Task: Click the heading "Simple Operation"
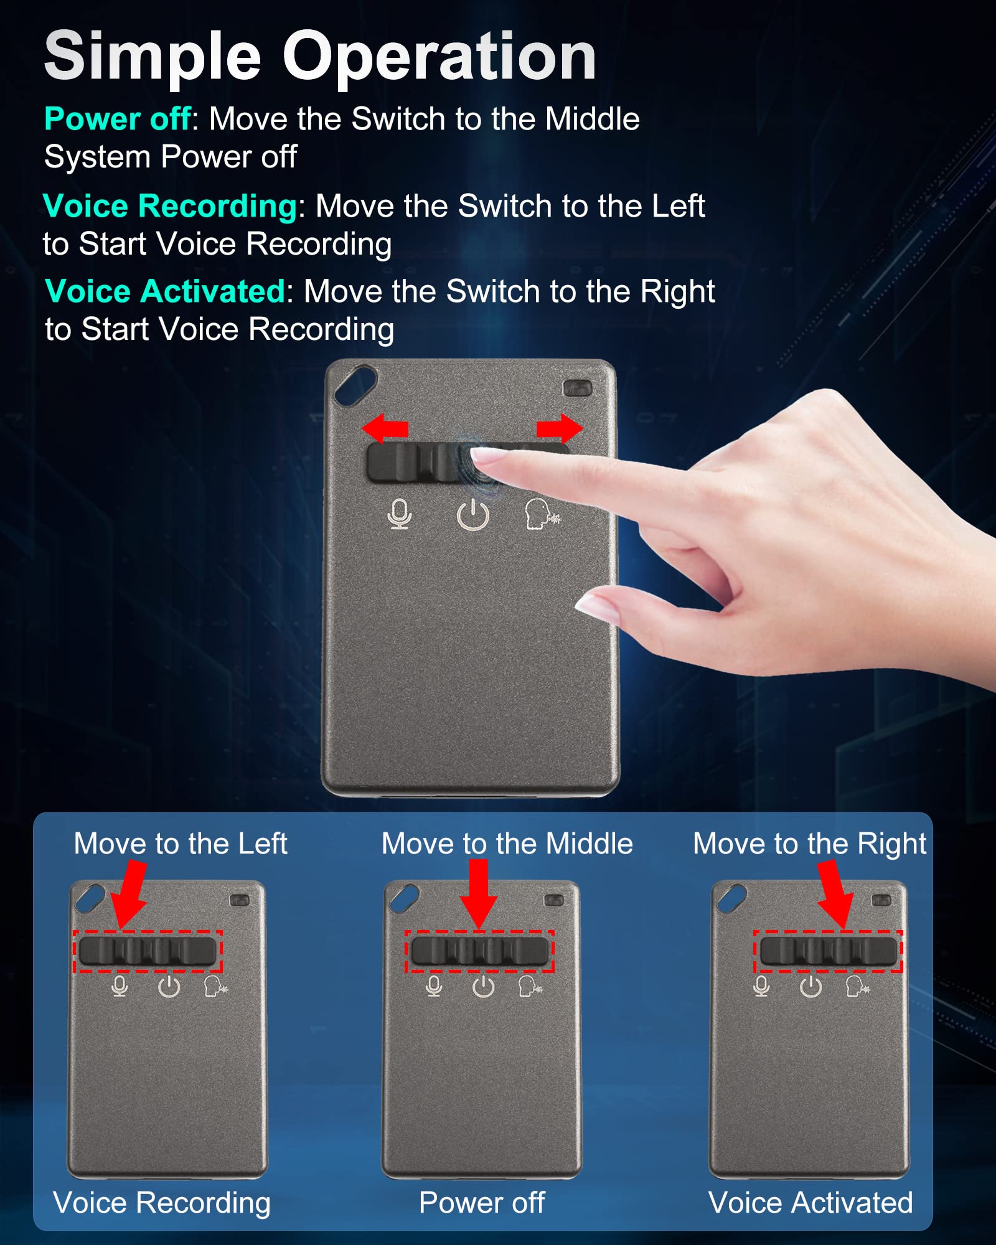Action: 320,57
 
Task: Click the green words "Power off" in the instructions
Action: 117,119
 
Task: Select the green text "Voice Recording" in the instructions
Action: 170,206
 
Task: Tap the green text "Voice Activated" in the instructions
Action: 165,291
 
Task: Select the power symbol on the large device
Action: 473,515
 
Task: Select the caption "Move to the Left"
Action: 181,844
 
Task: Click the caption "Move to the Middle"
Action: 507,844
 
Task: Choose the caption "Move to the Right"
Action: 809,844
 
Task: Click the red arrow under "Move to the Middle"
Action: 479,894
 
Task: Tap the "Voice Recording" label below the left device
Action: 162,1203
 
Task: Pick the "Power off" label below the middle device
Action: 482,1203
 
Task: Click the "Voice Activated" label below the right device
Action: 810,1203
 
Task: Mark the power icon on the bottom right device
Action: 810,987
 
